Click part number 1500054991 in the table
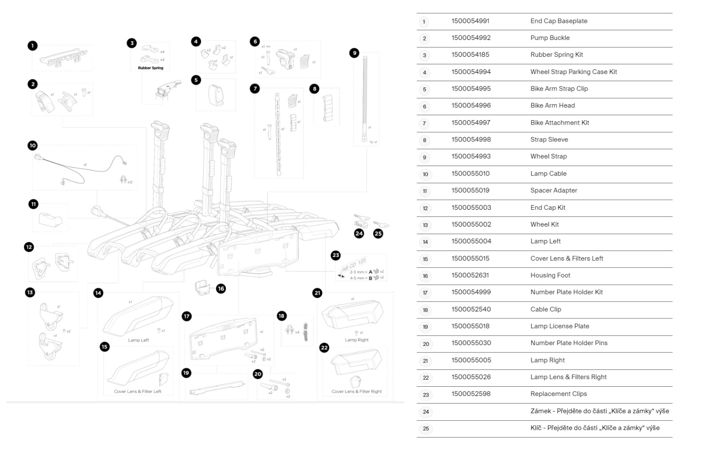[x=470, y=21]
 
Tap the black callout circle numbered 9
[x=354, y=53]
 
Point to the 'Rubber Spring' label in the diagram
[x=150, y=68]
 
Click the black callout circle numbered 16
[x=221, y=289]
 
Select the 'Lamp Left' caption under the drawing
[x=138, y=340]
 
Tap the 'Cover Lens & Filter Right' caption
[x=356, y=392]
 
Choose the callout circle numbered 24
[x=359, y=233]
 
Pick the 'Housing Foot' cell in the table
[x=550, y=275]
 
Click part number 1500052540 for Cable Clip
[x=471, y=309]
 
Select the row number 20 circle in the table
[x=426, y=344]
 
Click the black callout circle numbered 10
[x=32, y=145]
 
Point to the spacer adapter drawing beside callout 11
[x=51, y=219]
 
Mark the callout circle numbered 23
[x=336, y=255]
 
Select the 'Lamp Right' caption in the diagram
[x=356, y=340]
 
